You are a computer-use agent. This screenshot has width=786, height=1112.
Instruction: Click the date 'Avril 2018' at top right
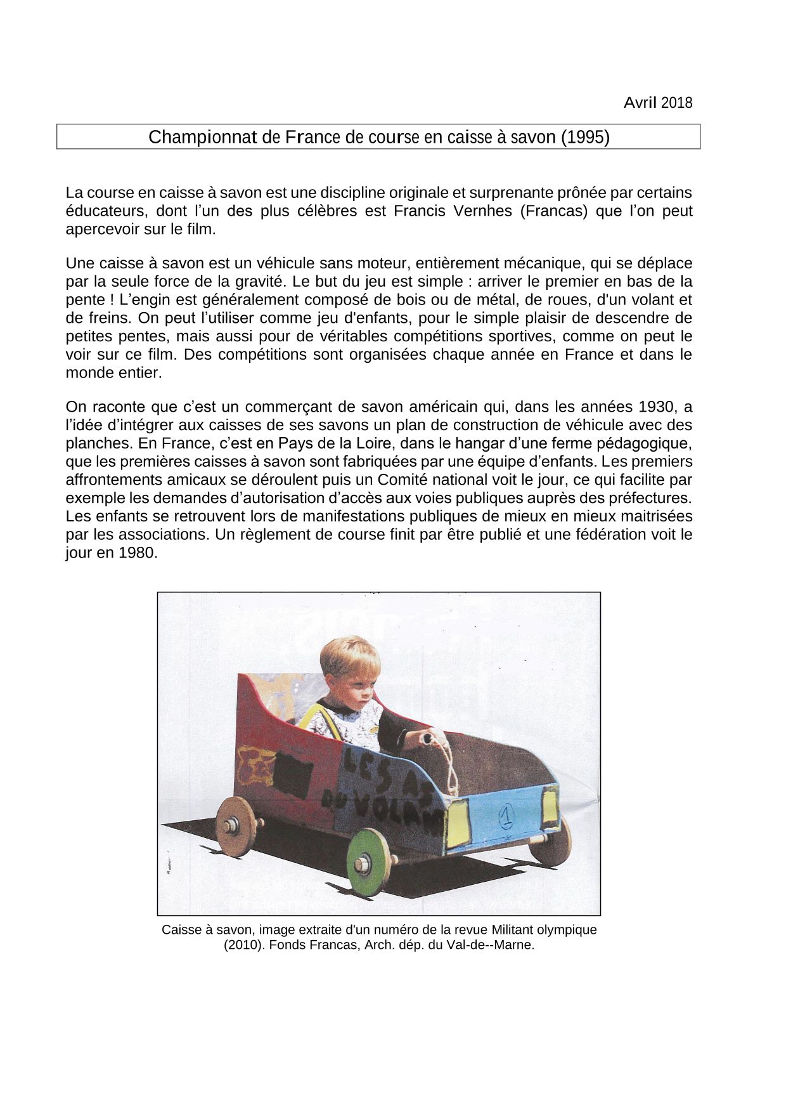tap(657, 103)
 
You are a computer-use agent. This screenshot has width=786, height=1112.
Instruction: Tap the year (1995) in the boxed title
tap(584, 137)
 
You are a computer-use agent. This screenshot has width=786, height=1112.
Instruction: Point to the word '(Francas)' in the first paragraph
tap(553, 211)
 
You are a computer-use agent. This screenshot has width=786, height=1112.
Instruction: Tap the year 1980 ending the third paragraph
tap(136, 553)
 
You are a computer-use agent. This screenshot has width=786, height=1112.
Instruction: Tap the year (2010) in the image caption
tap(239, 945)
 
